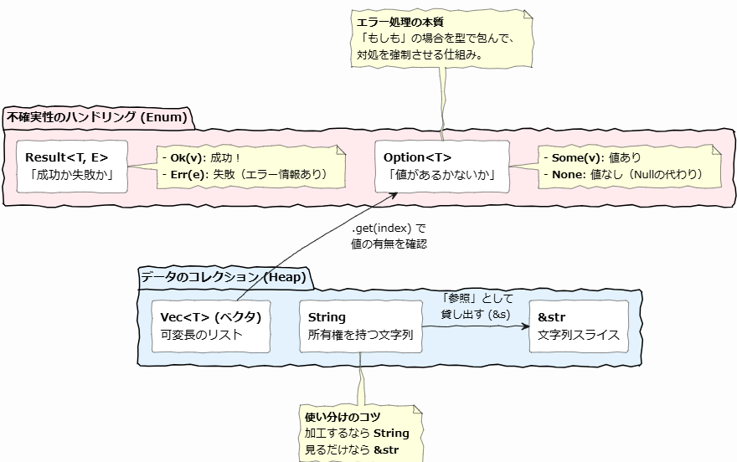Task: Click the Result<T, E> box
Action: click(72, 167)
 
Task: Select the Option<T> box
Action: click(441, 167)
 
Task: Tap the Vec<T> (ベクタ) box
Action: click(212, 326)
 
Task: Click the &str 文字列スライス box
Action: click(579, 326)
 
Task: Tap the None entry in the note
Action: click(568, 175)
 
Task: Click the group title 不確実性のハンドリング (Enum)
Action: click(96, 116)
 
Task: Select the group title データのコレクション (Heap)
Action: click(222, 277)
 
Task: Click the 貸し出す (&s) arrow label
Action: click(477, 313)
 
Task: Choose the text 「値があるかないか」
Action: click(441, 175)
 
